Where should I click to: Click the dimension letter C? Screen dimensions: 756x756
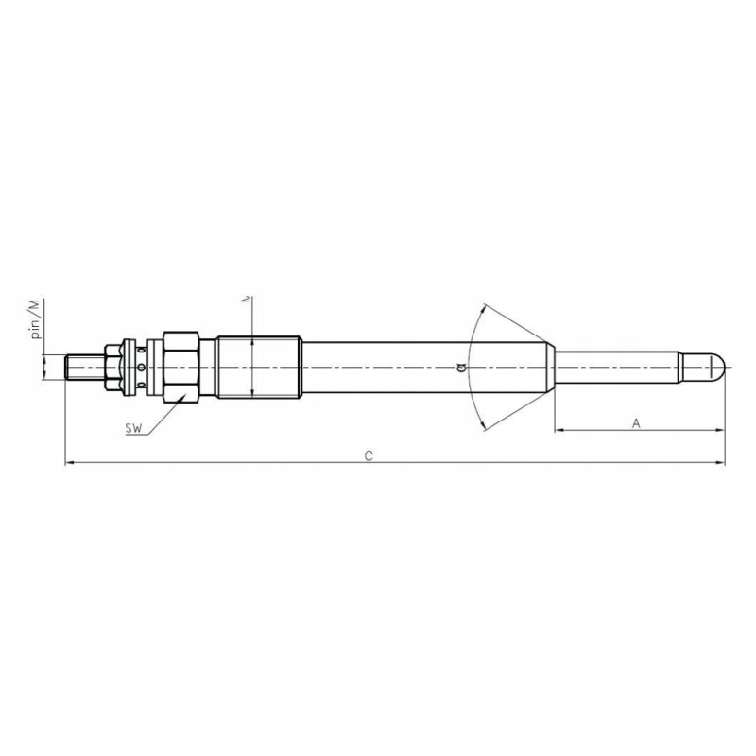coord(369,455)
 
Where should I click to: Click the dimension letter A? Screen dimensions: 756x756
coord(636,423)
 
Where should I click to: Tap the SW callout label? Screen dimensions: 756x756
coord(134,430)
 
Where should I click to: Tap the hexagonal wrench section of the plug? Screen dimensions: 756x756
coord(180,367)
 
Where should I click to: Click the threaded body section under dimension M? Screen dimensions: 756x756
coord(258,367)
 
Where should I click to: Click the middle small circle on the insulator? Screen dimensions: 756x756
coord(141,367)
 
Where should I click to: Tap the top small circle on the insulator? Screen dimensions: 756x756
coord(141,351)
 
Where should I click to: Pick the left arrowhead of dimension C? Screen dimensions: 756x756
coord(68,463)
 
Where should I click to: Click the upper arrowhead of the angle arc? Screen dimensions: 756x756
coord(483,308)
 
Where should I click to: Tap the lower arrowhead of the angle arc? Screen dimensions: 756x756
coord(483,425)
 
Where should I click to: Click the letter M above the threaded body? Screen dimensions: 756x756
coord(249,300)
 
